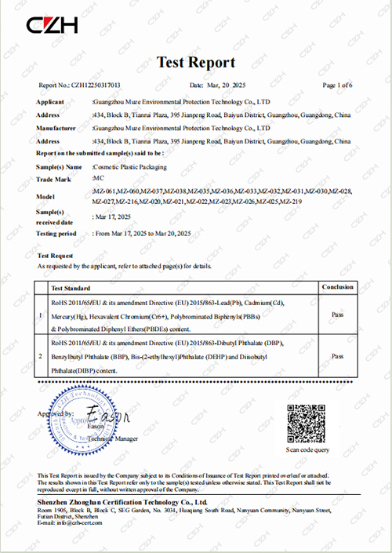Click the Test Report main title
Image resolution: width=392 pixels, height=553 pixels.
pyautogui.click(x=195, y=62)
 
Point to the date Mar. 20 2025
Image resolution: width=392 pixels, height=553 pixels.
pyautogui.click(x=217, y=84)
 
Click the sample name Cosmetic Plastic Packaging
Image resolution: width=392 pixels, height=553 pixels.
pyautogui.click(x=134, y=167)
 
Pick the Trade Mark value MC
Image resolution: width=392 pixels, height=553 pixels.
pyautogui.click(x=97, y=180)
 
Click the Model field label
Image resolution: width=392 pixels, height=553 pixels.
pyautogui.click(x=45, y=196)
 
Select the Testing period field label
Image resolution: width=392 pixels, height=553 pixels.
pyautogui.click(x=56, y=233)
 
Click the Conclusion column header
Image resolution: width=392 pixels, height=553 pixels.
pyautogui.click(x=337, y=287)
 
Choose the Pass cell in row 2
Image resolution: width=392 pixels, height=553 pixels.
pyautogui.click(x=337, y=355)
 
